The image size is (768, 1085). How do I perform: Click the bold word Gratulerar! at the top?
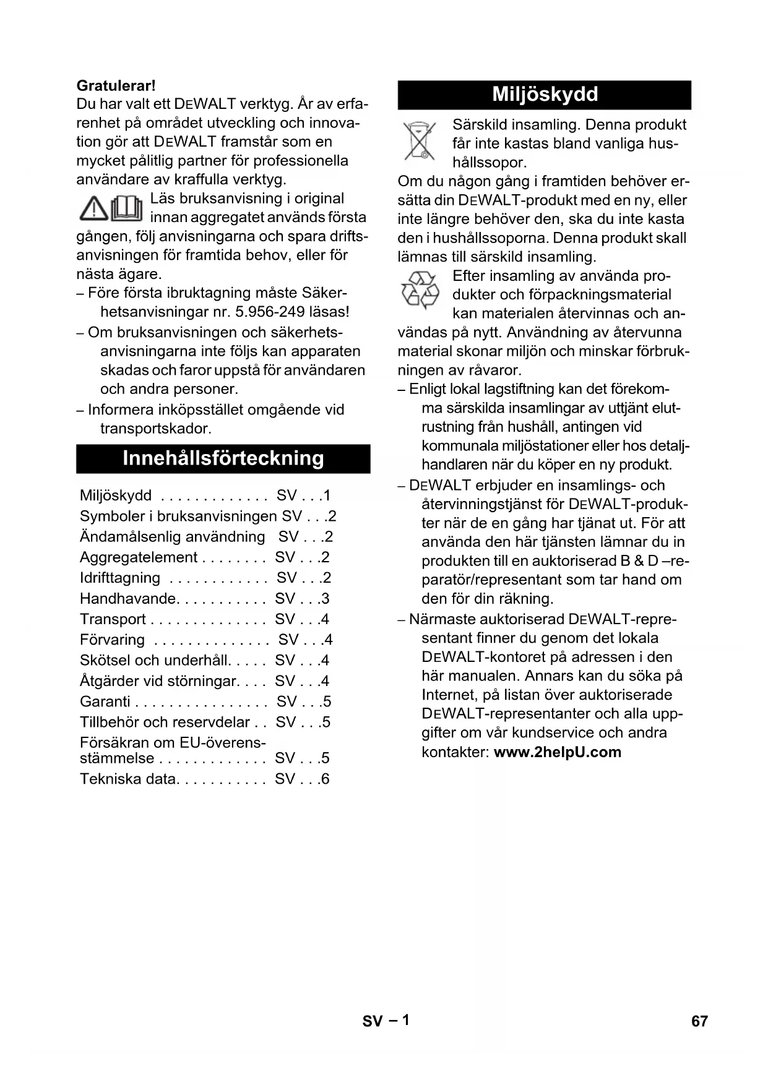pyautogui.click(x=116, y=85)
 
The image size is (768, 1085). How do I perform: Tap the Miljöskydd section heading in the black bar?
pyautogui.click(x=545, y=95)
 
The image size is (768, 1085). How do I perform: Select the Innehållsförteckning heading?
pyautogui.click(x=223, y=458)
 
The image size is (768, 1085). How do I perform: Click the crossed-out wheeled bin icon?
pyautogui.click(x=420, y=142)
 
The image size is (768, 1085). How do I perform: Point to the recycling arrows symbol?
pyautogui.click(x=420, y=290)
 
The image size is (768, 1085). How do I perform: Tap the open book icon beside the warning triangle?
pyautogui.click(x=127, y=208)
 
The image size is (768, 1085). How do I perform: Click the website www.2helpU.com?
pyautogui.click(x=557, y=752)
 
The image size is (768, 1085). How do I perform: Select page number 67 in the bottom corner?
pyautogui.click(x=699, y=1021)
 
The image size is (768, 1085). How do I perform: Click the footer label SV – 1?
pyautogui.click(x=386, y=1021)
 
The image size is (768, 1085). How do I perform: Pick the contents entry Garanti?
pyautogui.click(x=105, y=701)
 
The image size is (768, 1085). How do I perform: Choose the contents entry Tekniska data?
pyautogui.click(x=128, y=779)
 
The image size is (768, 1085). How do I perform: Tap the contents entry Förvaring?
pyautogui.click(x=112, y=640)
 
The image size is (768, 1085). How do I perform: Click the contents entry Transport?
pyautogui.click(x=113, y=619)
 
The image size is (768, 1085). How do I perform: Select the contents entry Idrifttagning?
pyautogui.click(x=120, y=578)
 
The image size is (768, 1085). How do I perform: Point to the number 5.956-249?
pyautogui.click(x=270, y=312)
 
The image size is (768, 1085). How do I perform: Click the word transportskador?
pyautogui.click(x=156, y=428)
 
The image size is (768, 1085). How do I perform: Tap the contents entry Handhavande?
pyautogui.click(x=128, y=599)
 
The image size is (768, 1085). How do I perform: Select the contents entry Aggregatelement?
pyautogui.click(x=139, y=557)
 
